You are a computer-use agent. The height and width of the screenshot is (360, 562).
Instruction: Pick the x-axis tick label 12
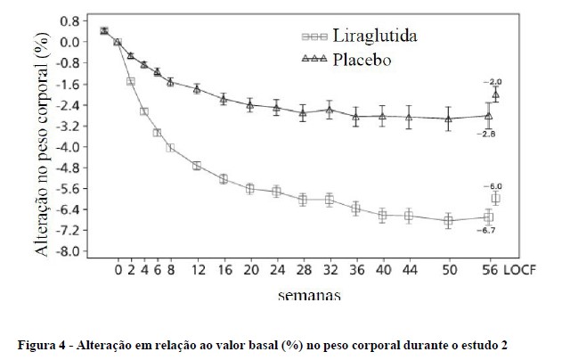197,269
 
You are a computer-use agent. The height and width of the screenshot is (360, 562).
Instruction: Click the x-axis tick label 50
448,269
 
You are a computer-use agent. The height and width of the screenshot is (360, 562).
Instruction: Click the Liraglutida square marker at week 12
197,166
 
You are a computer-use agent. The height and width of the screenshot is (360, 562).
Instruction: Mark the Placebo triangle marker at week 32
330,110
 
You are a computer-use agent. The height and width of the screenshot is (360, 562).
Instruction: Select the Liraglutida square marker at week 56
488,217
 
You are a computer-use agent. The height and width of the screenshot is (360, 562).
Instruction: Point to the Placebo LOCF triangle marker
496,94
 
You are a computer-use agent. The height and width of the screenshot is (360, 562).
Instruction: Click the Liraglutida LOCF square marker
496,198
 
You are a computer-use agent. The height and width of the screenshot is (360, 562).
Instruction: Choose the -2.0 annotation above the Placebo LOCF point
493,81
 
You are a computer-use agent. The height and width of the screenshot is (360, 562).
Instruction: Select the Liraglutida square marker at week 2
131,81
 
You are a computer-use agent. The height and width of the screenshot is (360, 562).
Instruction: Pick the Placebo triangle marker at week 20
250,105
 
